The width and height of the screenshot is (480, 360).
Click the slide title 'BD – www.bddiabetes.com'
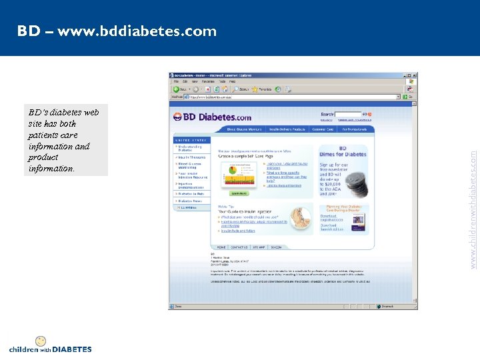(x=117, y=31)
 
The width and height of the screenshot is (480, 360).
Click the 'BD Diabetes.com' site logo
(x=213, y=117)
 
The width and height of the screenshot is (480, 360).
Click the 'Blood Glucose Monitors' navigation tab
(x=245, y=129)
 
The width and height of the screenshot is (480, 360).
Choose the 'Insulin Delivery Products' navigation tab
(x=287, y=129)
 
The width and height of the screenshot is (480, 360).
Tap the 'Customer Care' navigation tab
(x=322, y=129)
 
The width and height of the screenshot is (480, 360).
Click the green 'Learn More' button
(x=239, y=193)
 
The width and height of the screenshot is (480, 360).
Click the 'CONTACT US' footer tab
(x=238, y=247)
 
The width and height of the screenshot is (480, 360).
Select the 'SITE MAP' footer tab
(x=258, y=247)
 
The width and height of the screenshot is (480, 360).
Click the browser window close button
(x=415, y=75)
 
